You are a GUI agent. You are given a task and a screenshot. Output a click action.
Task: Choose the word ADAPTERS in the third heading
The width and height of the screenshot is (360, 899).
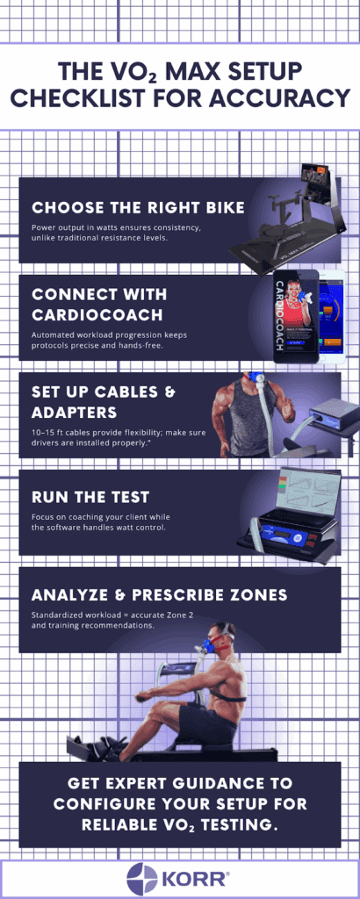(x=76, y=413)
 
